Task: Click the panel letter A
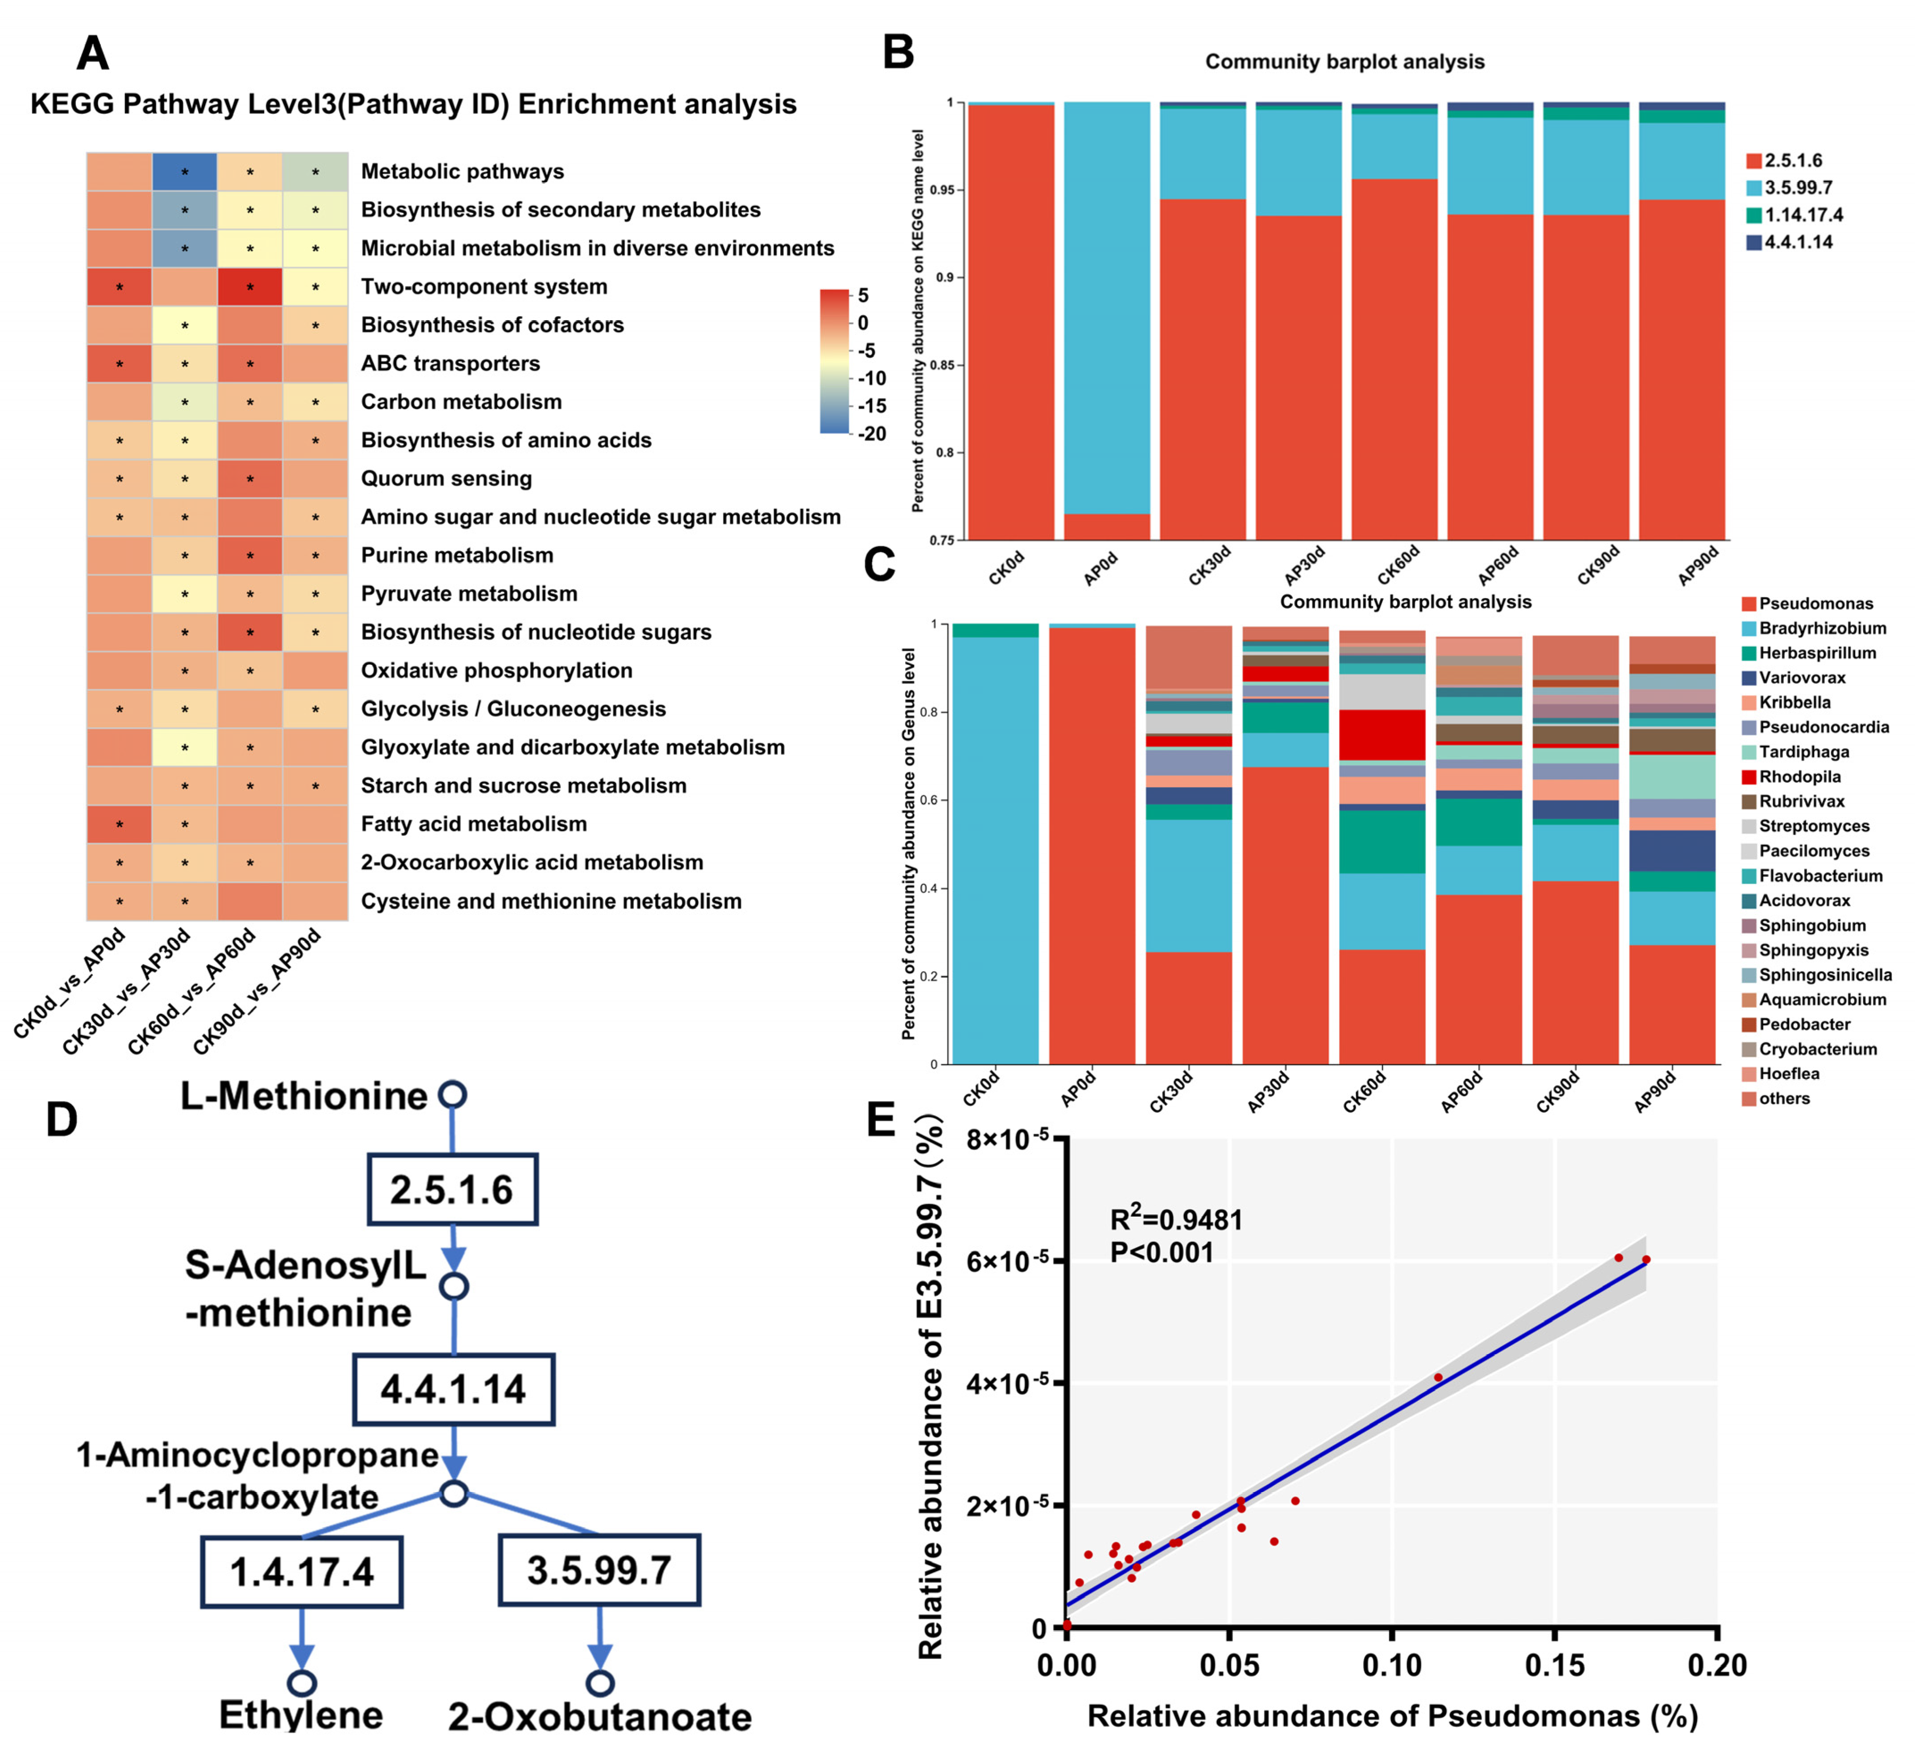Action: pos(92,53)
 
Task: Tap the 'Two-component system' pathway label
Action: pos(484,287)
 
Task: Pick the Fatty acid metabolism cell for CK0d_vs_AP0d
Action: pos(119,825)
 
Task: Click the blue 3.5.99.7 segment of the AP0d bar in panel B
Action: pos(1107,304)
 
